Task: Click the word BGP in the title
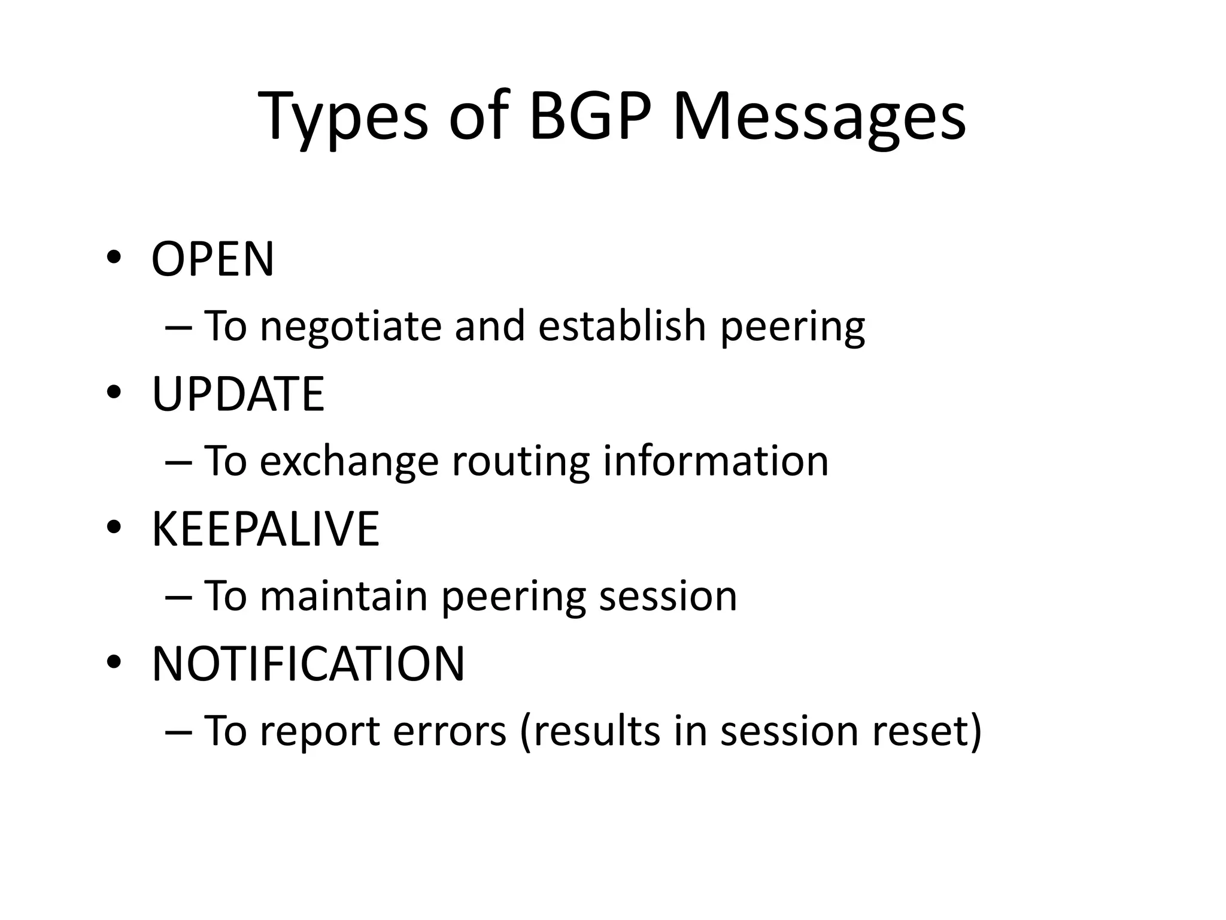pos(590,115)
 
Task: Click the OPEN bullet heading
pos(213,259)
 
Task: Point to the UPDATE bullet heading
pos(238,394)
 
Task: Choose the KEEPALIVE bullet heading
pos(265,529)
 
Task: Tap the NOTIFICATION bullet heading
pos(308,664)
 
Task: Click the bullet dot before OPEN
pos(114,258)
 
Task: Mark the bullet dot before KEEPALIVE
pos(114,528)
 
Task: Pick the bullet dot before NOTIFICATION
pos(114,662)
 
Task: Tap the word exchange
pos(349,462)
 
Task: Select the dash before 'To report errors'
pos(177,731)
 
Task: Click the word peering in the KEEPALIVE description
pos(514,597)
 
